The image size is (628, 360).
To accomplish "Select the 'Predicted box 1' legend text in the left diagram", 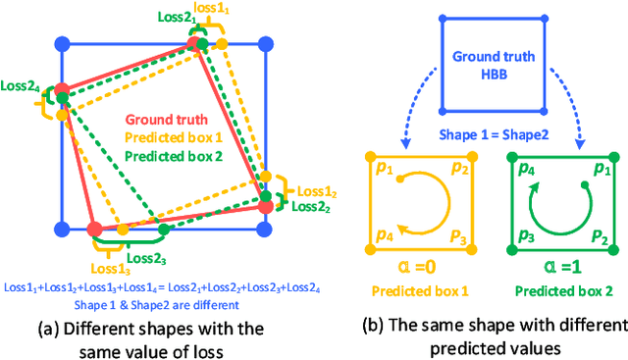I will coord(164,138).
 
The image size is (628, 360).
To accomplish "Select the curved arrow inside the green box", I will coord(554,203).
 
